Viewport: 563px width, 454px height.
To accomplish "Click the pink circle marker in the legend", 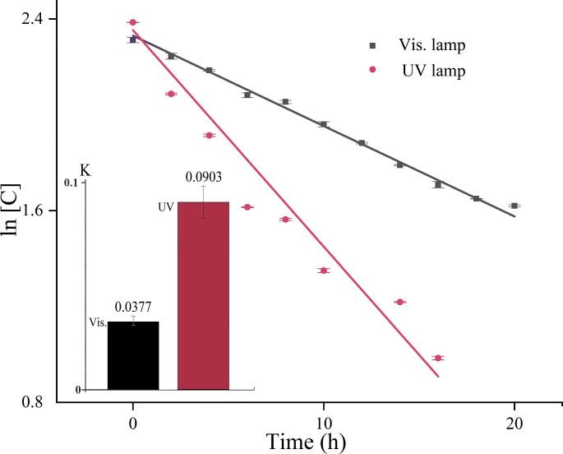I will point(372,71).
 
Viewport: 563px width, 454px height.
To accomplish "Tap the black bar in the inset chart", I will point(133,355).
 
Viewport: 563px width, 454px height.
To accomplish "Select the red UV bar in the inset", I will point(204,295).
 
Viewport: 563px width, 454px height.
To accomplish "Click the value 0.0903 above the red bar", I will point(204,176).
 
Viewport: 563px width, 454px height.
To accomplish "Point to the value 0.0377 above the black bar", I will point(133,307).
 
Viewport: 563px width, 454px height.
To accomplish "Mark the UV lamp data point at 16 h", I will point(438,358).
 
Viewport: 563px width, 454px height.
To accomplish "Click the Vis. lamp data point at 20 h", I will point(515,206).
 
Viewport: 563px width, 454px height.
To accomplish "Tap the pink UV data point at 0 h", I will point(132,22).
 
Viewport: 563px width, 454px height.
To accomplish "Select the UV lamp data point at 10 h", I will point(324,271).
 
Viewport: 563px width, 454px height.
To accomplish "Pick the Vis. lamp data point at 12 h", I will point(362,143).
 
